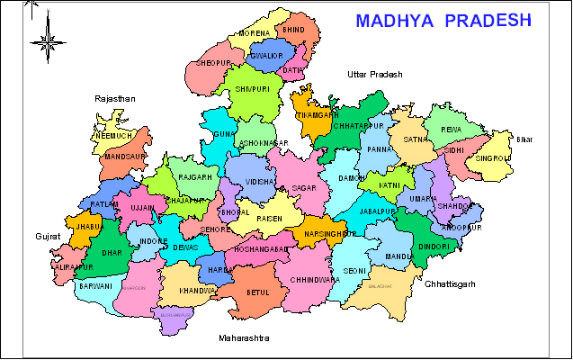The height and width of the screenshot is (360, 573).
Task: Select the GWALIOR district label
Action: click(267, 57)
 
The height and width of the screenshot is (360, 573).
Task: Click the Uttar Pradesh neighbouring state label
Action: click(375, 75)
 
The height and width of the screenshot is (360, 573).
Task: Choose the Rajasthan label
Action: click(115, 97)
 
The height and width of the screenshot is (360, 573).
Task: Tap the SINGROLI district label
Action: click(494, 157)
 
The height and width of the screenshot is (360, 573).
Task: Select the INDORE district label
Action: click(148, 241)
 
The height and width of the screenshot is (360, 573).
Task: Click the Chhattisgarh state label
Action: click(450, 283)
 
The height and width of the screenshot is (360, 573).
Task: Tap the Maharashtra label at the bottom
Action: click(244, 338)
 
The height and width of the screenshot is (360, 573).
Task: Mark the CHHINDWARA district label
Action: click(314, 280)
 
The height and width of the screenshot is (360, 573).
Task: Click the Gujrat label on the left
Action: click(48, 236)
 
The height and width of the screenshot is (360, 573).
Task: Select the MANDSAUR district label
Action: click(125, 156)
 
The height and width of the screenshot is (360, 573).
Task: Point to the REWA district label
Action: click(450, 129)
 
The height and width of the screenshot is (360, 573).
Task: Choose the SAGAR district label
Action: click(303, 188)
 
